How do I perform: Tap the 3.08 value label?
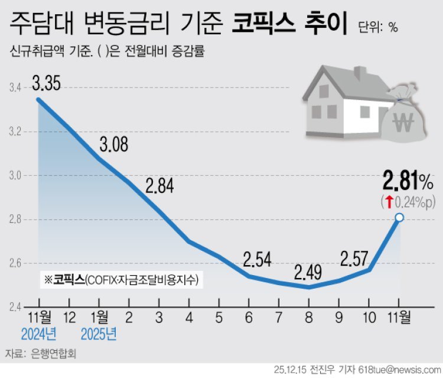(x=112, y=144)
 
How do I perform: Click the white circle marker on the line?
(x=399, y=218)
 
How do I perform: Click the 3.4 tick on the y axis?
(x=15, y=88)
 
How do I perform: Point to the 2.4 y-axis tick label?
(x=15, y=307)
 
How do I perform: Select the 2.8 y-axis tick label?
(x=15, y=219)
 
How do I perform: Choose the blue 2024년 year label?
(x=38, y=335)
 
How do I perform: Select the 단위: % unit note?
(x=378, y=27)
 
